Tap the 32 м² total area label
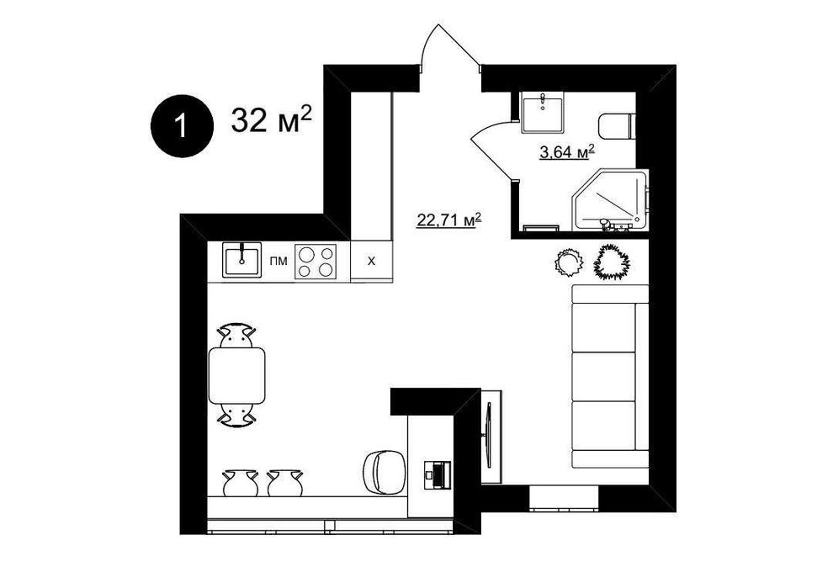point(271,119)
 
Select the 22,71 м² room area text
point(449,220)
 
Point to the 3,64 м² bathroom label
point(566,152)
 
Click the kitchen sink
point(241,260)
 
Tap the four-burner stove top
point(316,261)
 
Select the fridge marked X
point(371,261)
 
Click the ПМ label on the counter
point(279,262)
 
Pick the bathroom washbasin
point(542,112)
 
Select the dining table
point(237,375)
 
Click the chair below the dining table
point(237,414)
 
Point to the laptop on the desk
point(438,474)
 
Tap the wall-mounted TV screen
point(489,435)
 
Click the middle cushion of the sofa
point(603,376)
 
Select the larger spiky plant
point(611,262)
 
